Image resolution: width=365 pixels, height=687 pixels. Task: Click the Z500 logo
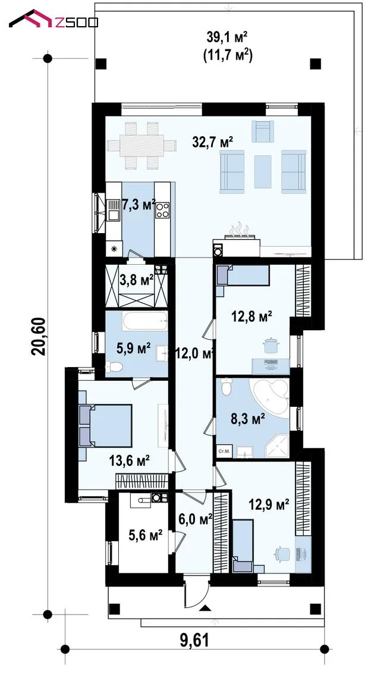click(54, 19)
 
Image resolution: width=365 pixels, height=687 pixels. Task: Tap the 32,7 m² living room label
click(212, 142)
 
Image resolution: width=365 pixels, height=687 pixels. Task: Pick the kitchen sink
click(114, 209)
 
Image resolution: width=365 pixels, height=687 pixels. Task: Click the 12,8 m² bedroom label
click(252, 316)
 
